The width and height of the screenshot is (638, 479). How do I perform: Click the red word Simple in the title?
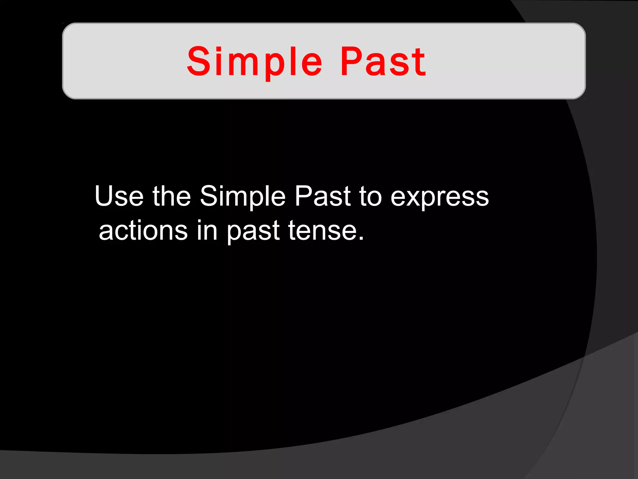click(255, 61)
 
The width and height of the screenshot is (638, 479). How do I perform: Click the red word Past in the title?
click(383, 61)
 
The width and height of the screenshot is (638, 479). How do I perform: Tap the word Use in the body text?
click(119, 196)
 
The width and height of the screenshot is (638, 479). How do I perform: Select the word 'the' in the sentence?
click(171, 196)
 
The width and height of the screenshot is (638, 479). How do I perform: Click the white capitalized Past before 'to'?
click(322, 196)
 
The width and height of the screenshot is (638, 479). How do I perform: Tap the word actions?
click(143, 231)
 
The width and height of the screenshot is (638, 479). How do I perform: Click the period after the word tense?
click(361, 239)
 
